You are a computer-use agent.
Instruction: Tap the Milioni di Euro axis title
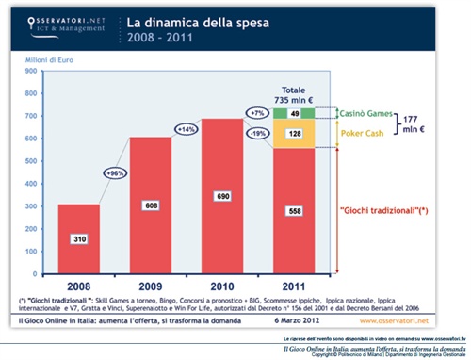(37, 59)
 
